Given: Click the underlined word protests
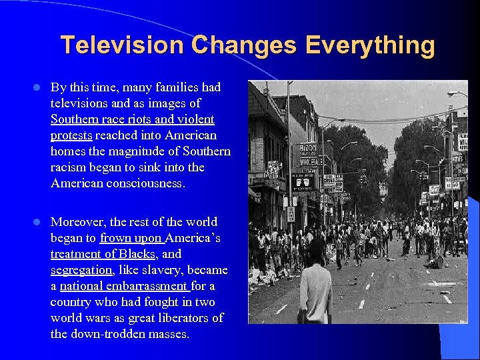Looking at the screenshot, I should pyautogui.click(x=71, y=135).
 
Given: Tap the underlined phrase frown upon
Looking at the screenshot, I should pyautogui.click(x=131, y=238).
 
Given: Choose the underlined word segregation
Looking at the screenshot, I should pyautogui.click(x=81, y=270).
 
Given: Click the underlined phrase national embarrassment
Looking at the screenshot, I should pyautogui.click(x=124, y=286).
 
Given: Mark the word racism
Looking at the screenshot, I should pyautogui.click(x=70, y=167).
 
